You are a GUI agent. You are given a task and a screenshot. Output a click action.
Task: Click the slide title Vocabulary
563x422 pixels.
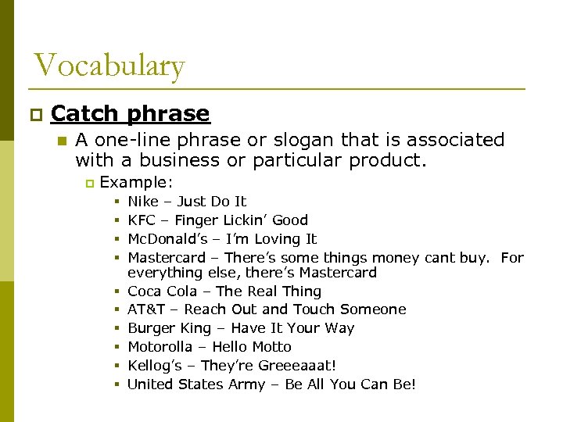click(x=109, y=66)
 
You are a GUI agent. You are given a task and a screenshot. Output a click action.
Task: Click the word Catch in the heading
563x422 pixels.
click(x=84, y=114)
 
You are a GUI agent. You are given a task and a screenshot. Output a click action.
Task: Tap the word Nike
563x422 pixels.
click(x=143, y=202)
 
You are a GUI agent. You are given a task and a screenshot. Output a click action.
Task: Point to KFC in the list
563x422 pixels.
click(x=142, y=220)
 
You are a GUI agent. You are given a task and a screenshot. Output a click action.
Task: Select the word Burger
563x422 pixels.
click(x=149, y=328)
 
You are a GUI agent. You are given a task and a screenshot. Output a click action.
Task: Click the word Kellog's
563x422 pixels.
click(x=156, y=366)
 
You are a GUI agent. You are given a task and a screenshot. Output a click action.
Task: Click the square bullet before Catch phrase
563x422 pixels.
click(x=33, y=115)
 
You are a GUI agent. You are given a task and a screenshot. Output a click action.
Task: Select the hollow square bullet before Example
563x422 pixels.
click(x=89, y=183)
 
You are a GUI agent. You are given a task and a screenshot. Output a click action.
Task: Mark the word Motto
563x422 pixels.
click(x=271, y=347)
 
